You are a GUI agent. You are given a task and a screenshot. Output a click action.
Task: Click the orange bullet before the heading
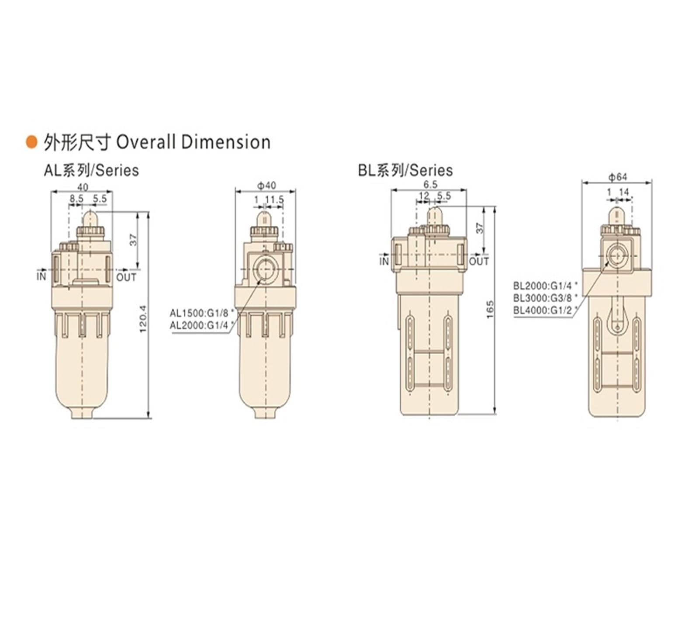[31, 142]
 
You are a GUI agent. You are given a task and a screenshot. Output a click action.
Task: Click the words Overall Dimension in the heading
[194, 143]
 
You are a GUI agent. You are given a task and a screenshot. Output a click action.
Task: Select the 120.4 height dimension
[143, 319]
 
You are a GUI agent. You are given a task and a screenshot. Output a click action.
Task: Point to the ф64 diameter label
[617, 177]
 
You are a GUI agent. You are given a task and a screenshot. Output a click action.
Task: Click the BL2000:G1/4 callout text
[545, 286]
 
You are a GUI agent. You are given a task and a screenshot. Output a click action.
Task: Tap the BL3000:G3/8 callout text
[545, 298]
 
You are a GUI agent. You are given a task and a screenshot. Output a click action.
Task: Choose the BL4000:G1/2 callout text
[545, 310]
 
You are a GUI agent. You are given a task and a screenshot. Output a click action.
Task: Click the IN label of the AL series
[41, 276]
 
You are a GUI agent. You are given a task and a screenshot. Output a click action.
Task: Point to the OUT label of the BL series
[479, 262]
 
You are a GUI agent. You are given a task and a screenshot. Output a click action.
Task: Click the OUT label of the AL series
[126, 277]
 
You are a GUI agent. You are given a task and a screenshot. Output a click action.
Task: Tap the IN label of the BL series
[384, 262]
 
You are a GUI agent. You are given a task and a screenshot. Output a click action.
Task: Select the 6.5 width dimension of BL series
[430, 184]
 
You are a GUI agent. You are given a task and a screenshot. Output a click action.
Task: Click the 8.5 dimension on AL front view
[76, 199]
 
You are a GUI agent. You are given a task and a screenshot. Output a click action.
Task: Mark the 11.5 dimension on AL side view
[275, 200]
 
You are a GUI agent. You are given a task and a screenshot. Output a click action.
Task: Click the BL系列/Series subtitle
[405, 170]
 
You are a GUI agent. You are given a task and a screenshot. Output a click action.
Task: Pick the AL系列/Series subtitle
[91, 170]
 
